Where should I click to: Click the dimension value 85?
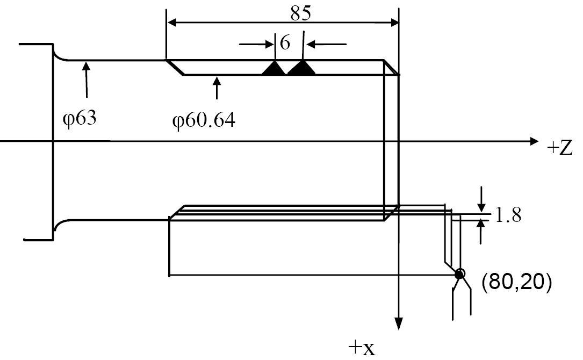[x=300, y=13]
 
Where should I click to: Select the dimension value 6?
[x=285, y=43]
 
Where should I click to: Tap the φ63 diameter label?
[x=80, y=118]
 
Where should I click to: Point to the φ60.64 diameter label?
[x=204, y=120]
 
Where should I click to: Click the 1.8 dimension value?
[x=508, y=215]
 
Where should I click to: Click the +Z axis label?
[x=559, y=148]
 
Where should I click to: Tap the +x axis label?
[x=362, y=348]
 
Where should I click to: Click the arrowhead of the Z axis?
[x=534, y=141]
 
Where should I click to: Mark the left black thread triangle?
[x=275, y=68]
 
